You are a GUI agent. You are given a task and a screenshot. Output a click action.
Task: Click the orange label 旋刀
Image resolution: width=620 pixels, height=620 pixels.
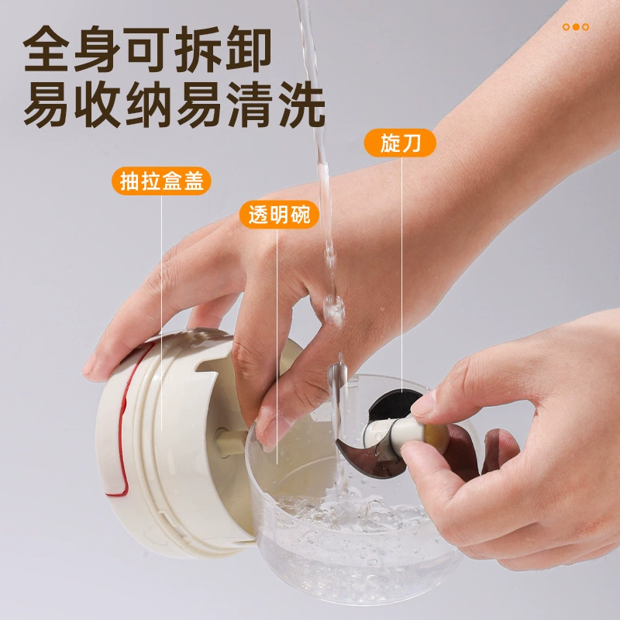click(x=400, y=143)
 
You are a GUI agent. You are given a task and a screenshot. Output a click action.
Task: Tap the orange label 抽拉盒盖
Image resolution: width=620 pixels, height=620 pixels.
click(x=161, y=181)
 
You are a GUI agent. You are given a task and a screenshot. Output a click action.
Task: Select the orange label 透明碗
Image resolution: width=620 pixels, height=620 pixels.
click(x=279, y=215)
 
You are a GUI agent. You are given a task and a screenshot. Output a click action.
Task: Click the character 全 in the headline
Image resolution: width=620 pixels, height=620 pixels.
click(x=46, y=49)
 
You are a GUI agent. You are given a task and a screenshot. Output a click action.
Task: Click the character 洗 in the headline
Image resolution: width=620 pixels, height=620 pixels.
click(x=301, y=105)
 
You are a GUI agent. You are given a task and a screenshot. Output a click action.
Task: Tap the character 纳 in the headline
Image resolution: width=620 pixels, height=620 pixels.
click(x=149, y=105)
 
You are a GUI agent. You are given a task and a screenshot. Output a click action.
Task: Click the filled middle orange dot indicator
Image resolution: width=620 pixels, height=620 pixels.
click(x=576, y=27)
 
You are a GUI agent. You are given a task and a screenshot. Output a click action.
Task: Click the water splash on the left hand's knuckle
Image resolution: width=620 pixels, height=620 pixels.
click(x=333, y=308)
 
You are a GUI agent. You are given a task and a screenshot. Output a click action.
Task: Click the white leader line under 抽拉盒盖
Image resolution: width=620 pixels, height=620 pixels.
click(x=161, y=313)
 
